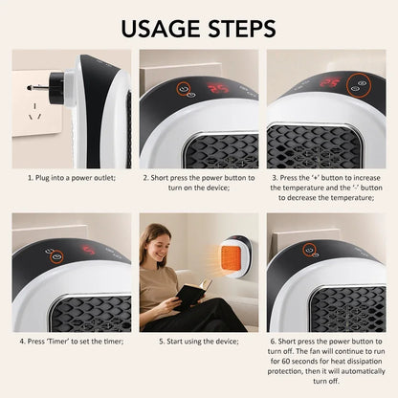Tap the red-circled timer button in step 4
(x=56, y=256)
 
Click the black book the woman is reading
(x=191, y=290)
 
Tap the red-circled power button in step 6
(x=310, y=251)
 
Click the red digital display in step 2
(x=217, y=88)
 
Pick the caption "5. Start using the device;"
(x=198, y=341)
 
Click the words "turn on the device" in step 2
(x=198, y=189)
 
